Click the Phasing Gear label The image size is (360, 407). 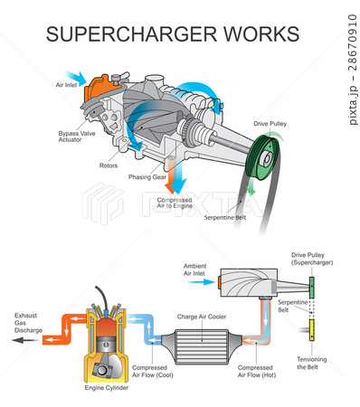tap(146, 178)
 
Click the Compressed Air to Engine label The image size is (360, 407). tap(175, 203)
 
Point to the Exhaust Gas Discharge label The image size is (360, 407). tap(26, 323)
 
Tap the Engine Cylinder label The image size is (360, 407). tap(109, 387)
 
